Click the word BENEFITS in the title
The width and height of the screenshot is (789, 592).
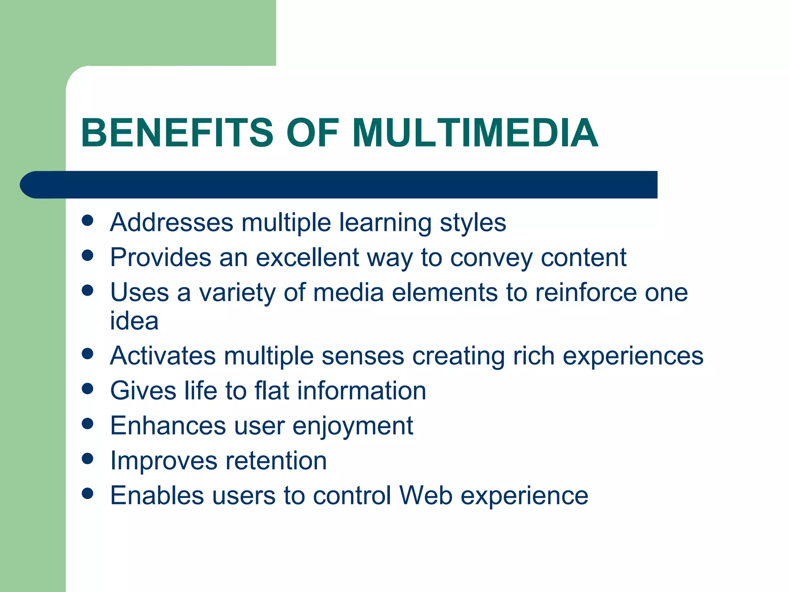177,133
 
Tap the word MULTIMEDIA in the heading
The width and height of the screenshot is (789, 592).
475,133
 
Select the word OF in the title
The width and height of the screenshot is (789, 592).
312,133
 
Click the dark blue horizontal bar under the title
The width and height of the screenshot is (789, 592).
339,185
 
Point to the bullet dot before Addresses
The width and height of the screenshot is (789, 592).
88,220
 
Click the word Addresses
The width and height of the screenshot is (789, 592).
171,222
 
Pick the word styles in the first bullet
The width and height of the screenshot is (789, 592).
473,224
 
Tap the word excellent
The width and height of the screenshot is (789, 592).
307,257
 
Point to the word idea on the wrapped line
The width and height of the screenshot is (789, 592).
134,321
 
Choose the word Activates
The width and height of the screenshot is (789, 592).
163,355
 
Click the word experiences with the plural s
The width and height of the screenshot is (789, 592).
633,357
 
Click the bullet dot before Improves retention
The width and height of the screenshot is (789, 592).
88,459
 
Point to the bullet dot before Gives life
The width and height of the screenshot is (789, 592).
88,388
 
